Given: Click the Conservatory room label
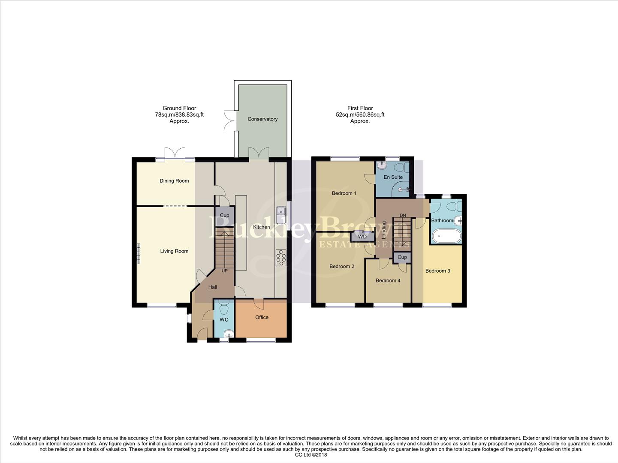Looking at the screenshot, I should (262, 119).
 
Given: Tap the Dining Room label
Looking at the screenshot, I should (174, 181).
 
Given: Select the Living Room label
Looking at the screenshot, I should (174, 251).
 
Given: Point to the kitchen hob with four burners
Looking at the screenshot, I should (281, 258).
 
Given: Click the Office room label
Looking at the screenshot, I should (262, 317).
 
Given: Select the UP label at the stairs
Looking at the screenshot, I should (224, 271).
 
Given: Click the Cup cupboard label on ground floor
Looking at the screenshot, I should (224, 215).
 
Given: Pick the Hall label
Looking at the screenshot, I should (213, 287).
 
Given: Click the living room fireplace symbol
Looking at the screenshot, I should (139, 253).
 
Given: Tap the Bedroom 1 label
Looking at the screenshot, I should (344, 193).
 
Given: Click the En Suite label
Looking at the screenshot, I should (393, 177).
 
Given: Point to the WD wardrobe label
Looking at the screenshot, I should (362, 237).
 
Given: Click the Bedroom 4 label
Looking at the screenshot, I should (388, 280).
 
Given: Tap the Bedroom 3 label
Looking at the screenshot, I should (437, 271).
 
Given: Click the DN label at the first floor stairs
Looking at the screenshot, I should (403, 215).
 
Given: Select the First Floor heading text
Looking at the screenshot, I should (360, 108).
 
